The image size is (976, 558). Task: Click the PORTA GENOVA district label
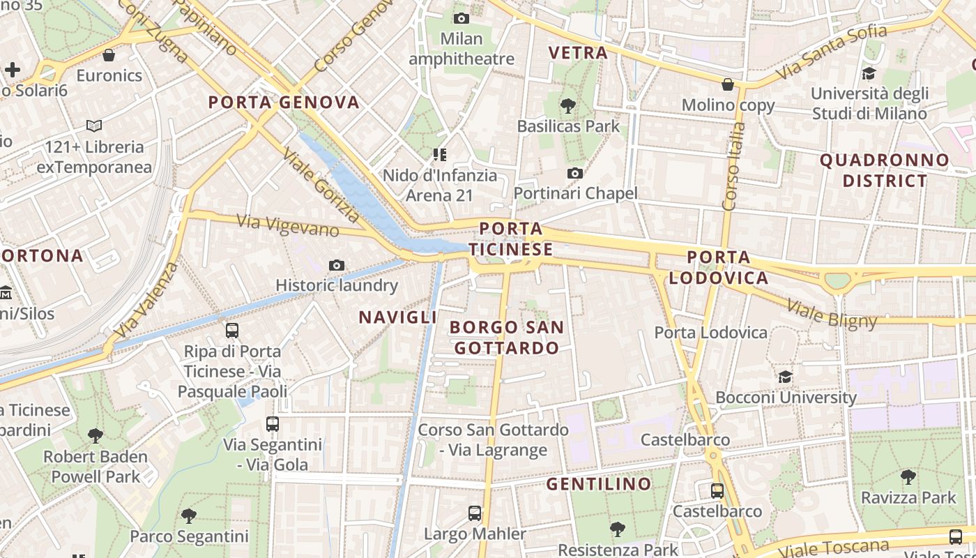284,103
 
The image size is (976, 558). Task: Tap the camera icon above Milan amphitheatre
461,18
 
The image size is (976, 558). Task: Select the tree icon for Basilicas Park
568,106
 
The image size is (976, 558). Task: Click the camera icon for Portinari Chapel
575,173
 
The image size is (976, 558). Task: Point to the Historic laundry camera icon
337,265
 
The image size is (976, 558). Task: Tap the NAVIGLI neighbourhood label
397,317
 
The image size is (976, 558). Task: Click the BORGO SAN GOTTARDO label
507,337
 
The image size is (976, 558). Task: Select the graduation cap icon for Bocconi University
786,377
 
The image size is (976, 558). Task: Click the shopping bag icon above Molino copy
728,84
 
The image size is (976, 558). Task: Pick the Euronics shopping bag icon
109,54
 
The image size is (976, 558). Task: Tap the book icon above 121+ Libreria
94,126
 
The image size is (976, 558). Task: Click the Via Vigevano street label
288,225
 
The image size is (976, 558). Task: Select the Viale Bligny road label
832,313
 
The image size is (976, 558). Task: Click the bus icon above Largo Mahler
475,513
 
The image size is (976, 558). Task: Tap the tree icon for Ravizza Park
908,477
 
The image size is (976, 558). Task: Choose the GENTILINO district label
599,483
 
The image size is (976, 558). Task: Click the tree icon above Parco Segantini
189,516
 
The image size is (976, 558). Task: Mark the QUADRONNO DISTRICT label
885,170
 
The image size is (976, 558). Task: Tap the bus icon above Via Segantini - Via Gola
273,423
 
